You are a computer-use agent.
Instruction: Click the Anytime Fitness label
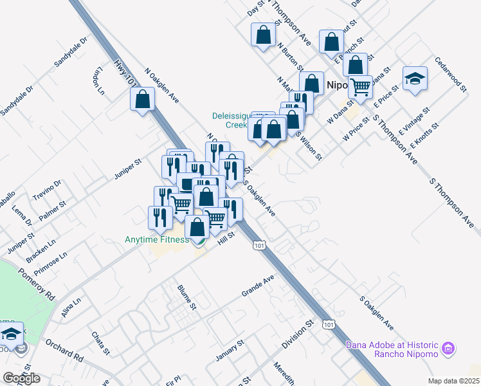(156, 240)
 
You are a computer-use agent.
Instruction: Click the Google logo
(21, 379)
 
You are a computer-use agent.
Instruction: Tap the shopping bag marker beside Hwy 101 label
(143, 100)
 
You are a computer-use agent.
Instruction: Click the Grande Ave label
(258, 285)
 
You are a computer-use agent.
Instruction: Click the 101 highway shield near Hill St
(259, 246)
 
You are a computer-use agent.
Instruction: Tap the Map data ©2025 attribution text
(453, 381)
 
